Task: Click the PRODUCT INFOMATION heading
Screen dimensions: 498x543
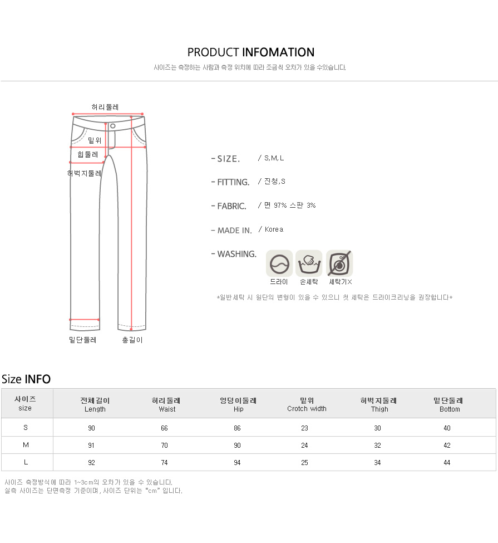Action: (251, 52)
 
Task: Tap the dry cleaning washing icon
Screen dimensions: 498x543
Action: (279, 264)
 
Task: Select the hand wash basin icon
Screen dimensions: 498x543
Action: (309, 264)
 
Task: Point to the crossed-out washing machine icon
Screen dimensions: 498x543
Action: (339, 264)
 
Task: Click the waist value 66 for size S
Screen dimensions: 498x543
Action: (164, 428)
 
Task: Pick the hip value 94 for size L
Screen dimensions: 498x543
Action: (237, 463)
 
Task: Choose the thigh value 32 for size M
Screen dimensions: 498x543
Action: (378, 446)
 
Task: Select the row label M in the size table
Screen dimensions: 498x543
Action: (26, 445)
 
